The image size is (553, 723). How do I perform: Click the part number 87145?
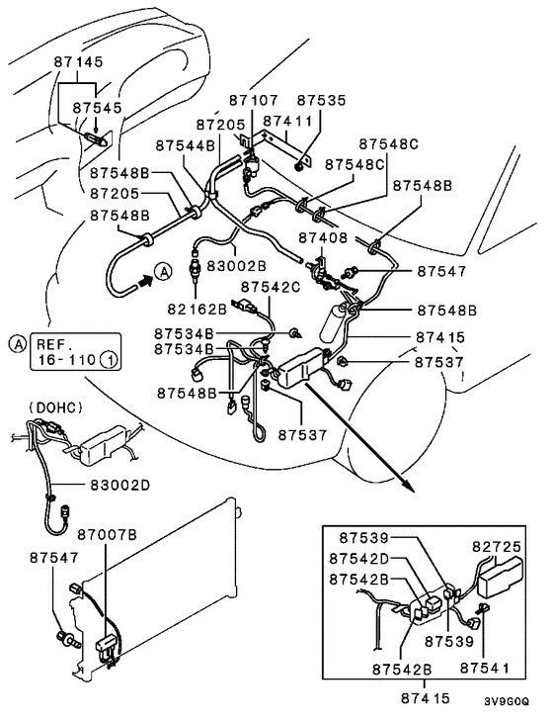click(78, 61)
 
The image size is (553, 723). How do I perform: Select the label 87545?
click(97, 106)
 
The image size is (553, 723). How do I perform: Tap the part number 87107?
click(254, 100)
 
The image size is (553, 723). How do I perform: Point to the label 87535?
click(322, 100)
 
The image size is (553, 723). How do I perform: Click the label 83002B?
click(235, 265)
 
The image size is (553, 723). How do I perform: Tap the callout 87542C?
click(272, 287)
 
